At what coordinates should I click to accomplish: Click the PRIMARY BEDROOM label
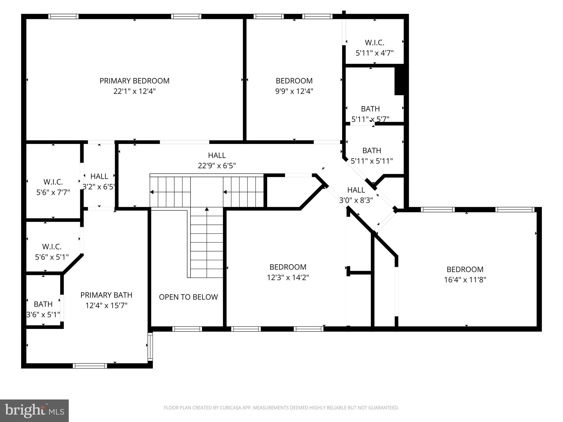(x=134, y=81)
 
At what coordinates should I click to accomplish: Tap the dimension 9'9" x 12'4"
(x=294, y=91)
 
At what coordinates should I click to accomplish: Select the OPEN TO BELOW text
(x=188, y=297)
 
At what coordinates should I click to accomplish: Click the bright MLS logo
(x=34, y=410)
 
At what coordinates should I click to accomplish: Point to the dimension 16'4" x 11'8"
(x=465, y=280)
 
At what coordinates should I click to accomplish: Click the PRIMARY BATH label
(x=106, y=295)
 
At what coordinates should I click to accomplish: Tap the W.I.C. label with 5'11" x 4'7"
(x=374, y=43)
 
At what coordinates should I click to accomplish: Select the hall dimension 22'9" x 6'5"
(x=217, y=166)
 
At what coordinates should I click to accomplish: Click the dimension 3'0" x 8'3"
(x=356, y=200)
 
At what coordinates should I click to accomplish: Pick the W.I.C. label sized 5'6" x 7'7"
(x=53, y=182)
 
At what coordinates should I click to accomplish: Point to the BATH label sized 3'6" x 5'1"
(x=43, y=304)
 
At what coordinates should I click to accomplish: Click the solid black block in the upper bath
(x=399, y=81)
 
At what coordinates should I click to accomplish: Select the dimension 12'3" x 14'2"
(x=288, y=277)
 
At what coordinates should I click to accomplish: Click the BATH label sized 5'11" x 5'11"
(x=372, y=151)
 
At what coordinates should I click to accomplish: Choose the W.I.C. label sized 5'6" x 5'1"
(x=52, y=246)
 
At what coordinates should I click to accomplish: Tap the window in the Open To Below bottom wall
(x=187, y=329)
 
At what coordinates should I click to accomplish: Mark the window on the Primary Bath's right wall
(x=150, y=346)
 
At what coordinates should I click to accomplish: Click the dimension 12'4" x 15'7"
(x=106, y=306)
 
